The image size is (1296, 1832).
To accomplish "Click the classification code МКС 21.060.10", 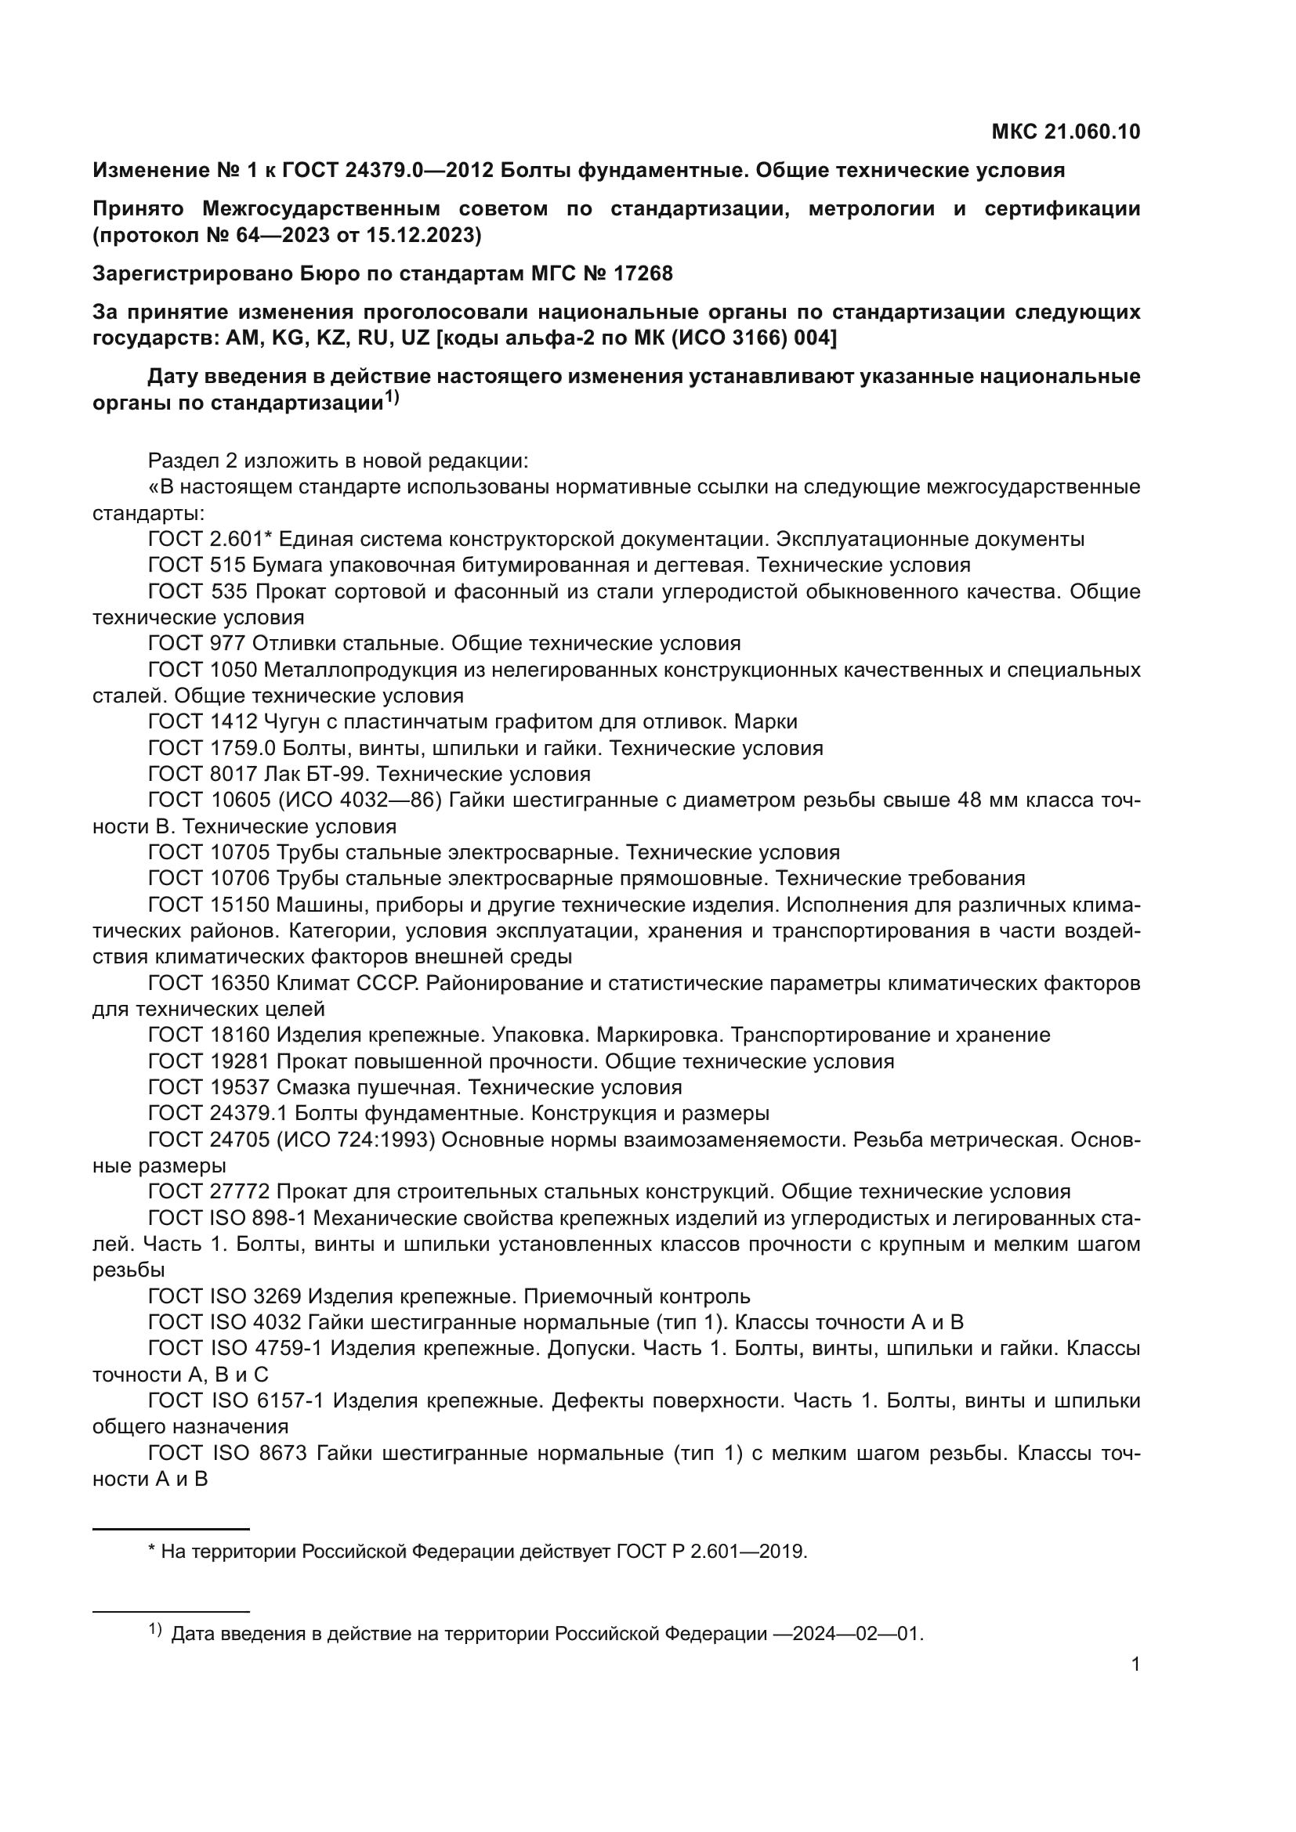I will (x=1066, y=132).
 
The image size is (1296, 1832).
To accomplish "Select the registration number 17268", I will (x=643, y=273).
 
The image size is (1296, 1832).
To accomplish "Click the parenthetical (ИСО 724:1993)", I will (x=356, y=1140).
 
